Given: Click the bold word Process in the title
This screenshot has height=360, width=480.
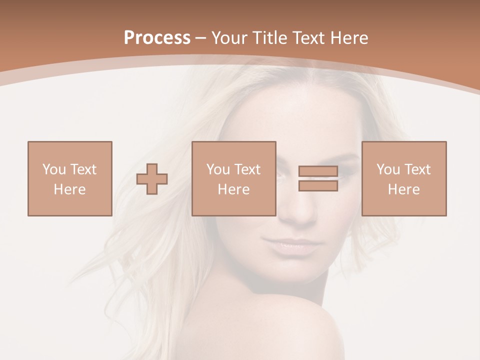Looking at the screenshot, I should [157, 38].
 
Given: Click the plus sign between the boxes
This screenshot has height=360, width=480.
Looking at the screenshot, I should [152, 179].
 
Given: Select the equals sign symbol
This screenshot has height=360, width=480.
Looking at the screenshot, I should [318, 178].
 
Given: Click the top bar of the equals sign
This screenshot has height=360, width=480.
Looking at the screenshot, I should [318, 171].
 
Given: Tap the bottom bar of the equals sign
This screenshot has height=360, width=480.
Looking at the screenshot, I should [318, 186].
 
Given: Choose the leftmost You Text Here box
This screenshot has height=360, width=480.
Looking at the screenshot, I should [69, 178].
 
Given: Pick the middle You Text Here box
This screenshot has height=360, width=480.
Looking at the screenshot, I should [233, 178].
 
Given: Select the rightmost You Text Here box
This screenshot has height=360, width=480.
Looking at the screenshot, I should [403, 178].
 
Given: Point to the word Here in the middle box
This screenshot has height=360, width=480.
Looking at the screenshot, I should [233, 189].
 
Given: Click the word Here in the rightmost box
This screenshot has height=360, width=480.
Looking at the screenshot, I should [403, 189].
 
